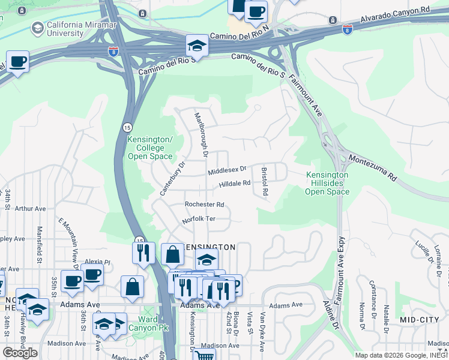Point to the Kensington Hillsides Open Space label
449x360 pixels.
[x=327, y=183]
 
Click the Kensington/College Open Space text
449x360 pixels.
[x=150, y=148]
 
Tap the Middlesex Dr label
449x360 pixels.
[x=228, y=171]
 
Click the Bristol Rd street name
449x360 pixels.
[x=264, y=182]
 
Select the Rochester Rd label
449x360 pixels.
[x=204, y=205]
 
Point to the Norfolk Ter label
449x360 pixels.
[x=198, y=220]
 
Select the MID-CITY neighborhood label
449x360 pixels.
[x=419, y=320]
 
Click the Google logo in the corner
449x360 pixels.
[x=20, y=353]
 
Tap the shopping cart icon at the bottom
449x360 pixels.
[x=205, y=355]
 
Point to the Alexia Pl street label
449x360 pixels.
[x=98, y=262]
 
